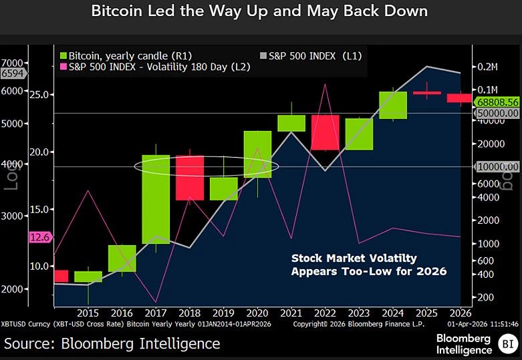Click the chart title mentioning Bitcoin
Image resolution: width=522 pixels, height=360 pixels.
[261, 12]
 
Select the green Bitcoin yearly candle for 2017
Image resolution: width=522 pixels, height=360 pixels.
[156, 198]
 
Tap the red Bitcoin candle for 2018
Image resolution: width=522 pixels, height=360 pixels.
[190, 178]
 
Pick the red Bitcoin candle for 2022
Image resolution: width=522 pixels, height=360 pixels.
[325, 132]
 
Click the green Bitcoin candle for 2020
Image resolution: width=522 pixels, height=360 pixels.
[257, 154]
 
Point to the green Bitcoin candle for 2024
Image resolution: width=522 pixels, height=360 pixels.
[393, 105]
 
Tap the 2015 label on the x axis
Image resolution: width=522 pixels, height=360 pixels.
[88, 313]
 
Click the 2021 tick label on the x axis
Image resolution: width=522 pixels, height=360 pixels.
[291, 313]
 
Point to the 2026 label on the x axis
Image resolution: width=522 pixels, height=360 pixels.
[460, 313]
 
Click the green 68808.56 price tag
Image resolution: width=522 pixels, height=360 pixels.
[497, 102]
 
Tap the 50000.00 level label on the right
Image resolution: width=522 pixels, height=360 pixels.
[497, 114]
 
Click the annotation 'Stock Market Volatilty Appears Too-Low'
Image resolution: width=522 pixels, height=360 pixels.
[368, 264]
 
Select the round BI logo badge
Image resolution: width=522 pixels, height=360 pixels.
[506, 345]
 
